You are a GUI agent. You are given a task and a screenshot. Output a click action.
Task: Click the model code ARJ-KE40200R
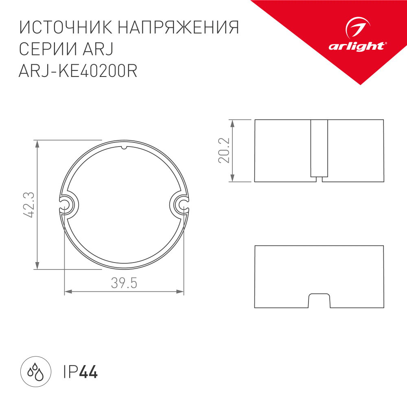[78, 71]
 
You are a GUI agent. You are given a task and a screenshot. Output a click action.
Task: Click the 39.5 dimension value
[124, 283]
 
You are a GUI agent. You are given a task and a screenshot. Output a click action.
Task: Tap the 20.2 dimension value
[224, 151]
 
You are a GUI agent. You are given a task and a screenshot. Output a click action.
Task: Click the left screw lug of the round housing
[67, 205]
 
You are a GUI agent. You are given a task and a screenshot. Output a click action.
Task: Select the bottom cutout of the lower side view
[319, 300]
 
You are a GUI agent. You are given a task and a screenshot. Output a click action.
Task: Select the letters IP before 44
[70, 372]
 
